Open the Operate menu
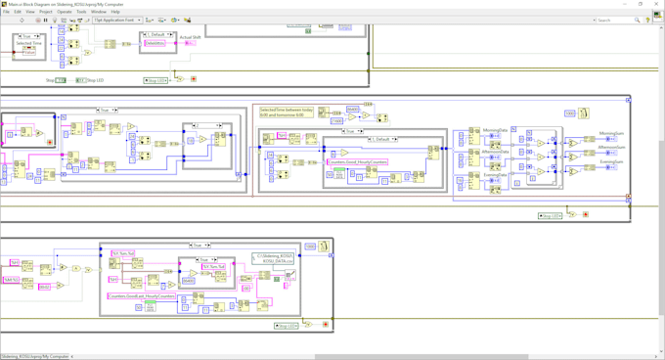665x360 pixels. click(65, 12)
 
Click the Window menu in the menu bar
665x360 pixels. click(99, 12)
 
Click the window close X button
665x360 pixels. click(657, 4)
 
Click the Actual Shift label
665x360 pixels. click(190, 37)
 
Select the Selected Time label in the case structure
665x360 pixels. click(28, 43)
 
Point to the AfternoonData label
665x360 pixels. click(496, 152)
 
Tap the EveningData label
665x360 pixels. click(495, 174)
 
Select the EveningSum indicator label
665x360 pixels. click(612, 161)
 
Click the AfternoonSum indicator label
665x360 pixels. click(611, 149)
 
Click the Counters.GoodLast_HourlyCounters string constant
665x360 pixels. click(142, 293)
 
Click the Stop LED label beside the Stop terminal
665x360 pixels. click(95, 80)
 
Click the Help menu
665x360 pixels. click(115, 12)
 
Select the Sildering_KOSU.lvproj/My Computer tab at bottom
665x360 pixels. click(35, 356)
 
